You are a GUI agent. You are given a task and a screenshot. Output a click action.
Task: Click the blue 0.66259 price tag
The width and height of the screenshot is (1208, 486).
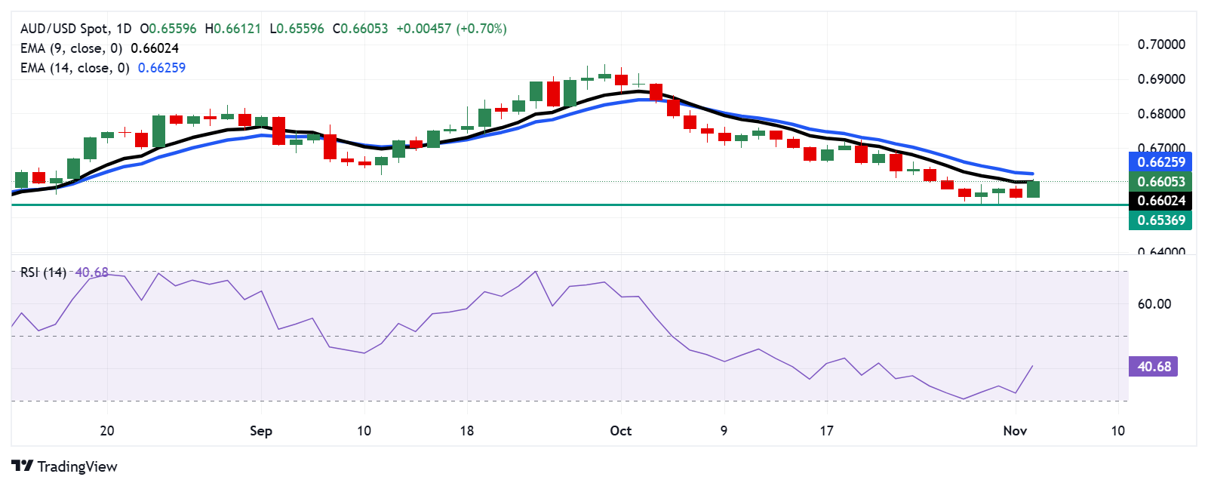[x=1160, y=161]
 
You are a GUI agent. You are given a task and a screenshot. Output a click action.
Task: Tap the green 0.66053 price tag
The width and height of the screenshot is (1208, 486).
[x=1160, y=181]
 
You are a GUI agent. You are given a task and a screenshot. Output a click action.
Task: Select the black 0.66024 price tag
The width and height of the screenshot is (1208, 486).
[x=1160, y=201]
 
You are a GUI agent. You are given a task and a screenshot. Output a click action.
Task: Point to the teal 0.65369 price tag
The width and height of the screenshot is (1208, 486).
[x=1160, y=220]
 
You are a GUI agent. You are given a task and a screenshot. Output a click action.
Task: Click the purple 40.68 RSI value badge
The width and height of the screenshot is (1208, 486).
[x=1154, y=367]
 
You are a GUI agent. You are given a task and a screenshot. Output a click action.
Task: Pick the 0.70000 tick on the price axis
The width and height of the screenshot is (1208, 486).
[x=1161, y=45]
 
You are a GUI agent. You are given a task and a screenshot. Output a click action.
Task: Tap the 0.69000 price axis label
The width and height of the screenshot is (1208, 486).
[x=1161, y=79]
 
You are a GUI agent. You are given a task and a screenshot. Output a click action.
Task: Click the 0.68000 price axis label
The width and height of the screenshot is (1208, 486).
[x=1161, y=114]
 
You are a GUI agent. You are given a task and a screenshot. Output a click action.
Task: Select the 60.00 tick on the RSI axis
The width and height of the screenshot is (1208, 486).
[x=1154, y=304]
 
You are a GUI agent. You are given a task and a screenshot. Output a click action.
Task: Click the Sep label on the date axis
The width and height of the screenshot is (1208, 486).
[x=260, y=431]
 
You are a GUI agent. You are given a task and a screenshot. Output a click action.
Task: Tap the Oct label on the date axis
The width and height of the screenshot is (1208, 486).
[x=620, y=431]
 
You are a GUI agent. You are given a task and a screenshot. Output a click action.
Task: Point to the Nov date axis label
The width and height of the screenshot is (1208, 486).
[x=1015, y=431]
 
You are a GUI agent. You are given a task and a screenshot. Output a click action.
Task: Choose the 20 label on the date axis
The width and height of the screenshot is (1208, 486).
[x=107, y=431]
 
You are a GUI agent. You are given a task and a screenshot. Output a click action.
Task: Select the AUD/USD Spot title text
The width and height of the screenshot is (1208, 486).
[x=65, y=29]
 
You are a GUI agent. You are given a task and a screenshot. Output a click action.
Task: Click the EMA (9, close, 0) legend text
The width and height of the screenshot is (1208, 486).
[x=72, y=48]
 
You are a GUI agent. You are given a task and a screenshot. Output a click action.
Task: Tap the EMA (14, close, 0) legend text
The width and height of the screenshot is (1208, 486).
[x=75, y=68]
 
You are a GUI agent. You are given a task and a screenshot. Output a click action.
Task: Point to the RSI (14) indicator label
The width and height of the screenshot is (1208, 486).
[x=43, y=272]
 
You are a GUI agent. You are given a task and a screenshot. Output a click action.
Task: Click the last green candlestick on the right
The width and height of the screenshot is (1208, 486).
[x=1033, y=189]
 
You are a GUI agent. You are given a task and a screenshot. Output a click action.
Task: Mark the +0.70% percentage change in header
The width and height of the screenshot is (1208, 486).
[x=481, y=29]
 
